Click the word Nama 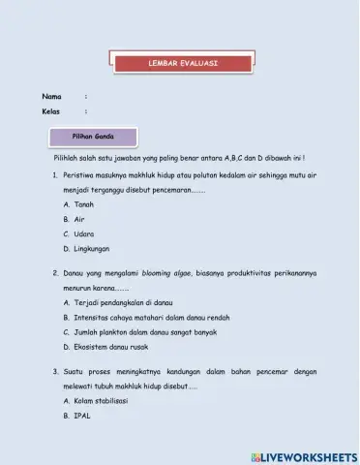click(51, 96)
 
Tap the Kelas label click(51, 112)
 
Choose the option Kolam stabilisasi click(101, 400)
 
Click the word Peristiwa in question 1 click(81, 175)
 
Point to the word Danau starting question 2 click(76, 273)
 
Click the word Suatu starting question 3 click(75, 371)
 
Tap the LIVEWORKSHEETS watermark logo click(303, 455)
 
